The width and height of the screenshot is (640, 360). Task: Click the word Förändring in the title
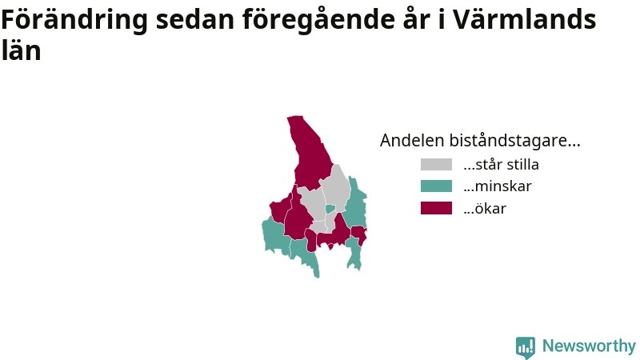tap(74, 19)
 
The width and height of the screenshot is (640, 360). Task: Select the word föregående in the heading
tap(318, 19)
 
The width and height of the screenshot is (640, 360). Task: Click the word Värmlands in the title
tap(525, 19)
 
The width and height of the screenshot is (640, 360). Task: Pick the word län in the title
tap(22, 50)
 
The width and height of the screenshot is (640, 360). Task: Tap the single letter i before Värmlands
tap(442, 19)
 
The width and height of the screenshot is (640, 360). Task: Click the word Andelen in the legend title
tap(412, 141)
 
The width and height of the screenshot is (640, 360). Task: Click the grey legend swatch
tap(436, 165)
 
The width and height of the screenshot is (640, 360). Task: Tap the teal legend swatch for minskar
tap(436, 186)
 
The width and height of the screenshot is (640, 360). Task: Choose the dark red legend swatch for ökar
tap(436, 208)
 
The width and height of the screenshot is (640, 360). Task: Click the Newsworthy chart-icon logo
tap(526, 347)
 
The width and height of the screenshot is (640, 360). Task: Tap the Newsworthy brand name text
tap(589, 346)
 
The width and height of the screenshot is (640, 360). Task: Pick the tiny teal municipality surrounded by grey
tap(330, 209)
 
